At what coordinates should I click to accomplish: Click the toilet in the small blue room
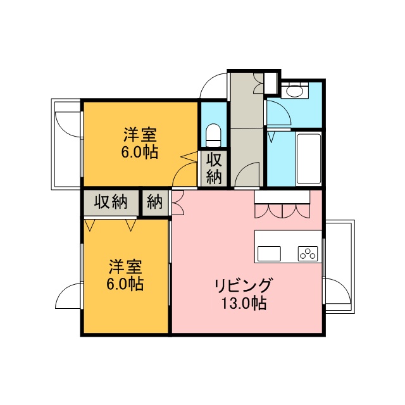pyautogui.click(x=213, y=135)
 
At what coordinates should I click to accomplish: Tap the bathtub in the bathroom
pyautogui.click(x=309, y=159)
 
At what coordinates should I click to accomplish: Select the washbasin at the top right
pyautogui.click(x=295, y=90)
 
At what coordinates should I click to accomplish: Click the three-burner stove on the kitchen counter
pyautogui.click(x=308, y=253)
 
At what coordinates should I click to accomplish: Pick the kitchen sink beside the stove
pyautogui.click(x=269, y=254)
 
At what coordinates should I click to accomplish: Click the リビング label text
pyautogui.click(x=243, y=285)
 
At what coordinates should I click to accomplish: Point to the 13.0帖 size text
pyautogui.click(x=244, y=303)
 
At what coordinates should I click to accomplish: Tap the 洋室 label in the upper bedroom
pyautogui.click(x=140, y=135)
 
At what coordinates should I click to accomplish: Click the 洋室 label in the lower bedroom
pyautogui.click(x=125, y=267)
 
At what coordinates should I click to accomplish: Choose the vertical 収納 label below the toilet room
pyautogui.click(x=214, y=168)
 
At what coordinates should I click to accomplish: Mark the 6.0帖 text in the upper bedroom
pyautogui.click(x=140, y=152)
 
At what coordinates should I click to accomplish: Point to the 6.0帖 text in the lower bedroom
pyautogui.click(x=125, y=284)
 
